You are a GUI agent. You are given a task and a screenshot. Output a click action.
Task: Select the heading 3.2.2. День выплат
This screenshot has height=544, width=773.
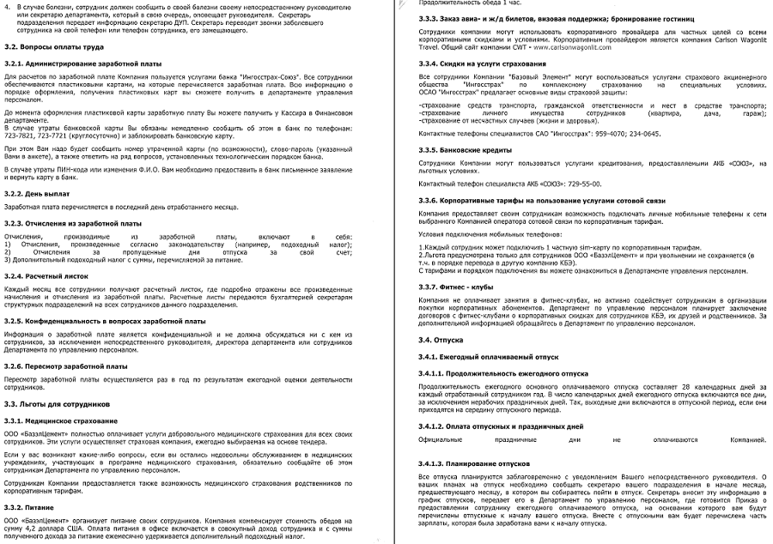(39, 193)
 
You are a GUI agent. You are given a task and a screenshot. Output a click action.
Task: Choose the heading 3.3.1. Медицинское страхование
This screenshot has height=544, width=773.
(61, 420)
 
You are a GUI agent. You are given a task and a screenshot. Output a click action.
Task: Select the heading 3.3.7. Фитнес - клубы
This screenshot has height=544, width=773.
(450, 286)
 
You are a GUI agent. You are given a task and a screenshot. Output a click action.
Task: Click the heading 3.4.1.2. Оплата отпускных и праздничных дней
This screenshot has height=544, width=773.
(492, 426)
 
